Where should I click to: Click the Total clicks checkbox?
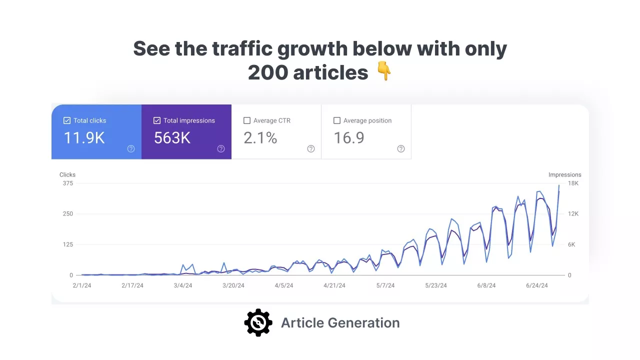click(67, 120)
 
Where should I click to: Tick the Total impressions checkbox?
click(157, 120)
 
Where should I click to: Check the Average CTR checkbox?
click(246, 120)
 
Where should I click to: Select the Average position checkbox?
click(336, 120)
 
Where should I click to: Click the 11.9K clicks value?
click(84, 138)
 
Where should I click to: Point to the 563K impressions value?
click(172, 138)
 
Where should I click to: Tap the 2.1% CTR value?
click(260, 138)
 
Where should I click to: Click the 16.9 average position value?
click(348, 138)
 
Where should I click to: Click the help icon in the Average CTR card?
click(311, 148)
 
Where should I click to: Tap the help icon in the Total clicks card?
click(131, 148)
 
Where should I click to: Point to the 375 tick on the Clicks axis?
click(67, 183)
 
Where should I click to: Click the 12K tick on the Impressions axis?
click(573, 214)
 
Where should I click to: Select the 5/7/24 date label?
click(385, 286)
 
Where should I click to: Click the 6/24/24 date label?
click(537, 286)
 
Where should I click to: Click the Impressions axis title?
click(564, 175)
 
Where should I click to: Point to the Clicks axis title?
click(67, 175)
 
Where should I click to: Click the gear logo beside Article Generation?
click(258, 322)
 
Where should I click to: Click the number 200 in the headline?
click(267, 73)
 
